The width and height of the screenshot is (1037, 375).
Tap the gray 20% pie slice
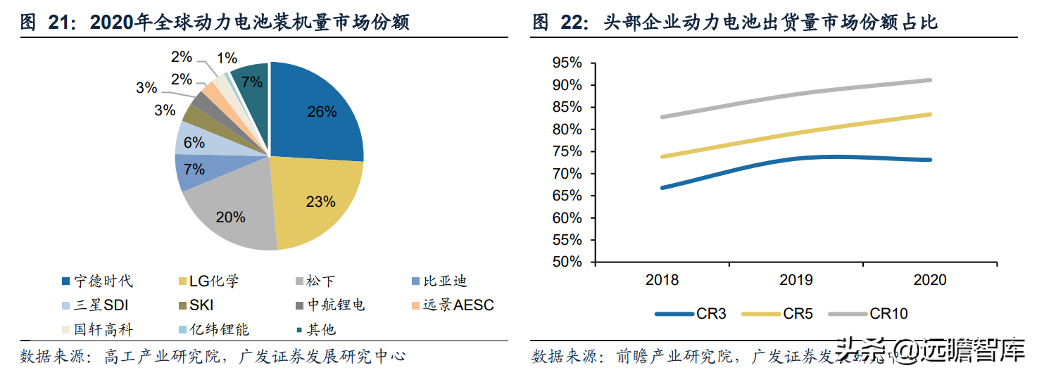[x=232, y=215]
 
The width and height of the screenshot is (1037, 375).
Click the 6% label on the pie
[x=194, y=143]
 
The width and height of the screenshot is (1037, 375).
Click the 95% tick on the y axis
[x=567, y=63]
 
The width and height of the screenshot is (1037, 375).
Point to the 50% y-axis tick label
[x=567, y=262]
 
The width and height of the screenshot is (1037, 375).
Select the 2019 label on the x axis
[x=796, y=280]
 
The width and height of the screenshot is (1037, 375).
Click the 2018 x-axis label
[x=662, y=280]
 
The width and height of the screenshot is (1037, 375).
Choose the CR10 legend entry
[x=873, y=314]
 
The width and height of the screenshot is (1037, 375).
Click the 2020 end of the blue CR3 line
[x=930, y=160]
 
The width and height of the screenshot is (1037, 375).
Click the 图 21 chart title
[x=215, y=23]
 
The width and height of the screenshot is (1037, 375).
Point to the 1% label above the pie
[x=227, y=59]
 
